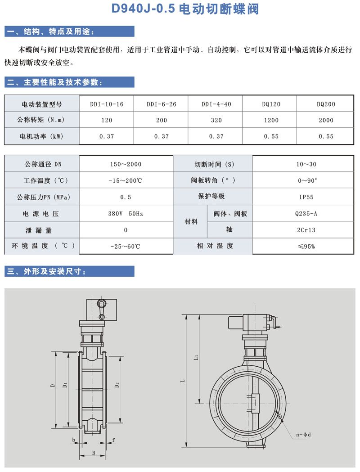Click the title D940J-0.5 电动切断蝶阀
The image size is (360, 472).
[180, 9]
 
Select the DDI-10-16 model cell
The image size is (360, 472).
[106, 104]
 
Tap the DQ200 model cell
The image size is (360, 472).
[326, 104]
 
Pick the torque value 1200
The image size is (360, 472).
[271, 120]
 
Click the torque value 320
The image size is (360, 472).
[216, 120]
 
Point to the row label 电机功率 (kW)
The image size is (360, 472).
[41, 136]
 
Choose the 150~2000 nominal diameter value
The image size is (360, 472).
[126, 164]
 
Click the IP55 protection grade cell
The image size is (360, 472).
[306, 197]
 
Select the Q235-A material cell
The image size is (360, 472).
[306, 214]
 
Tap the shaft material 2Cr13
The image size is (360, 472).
[306, 229]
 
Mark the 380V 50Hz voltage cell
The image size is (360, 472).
[126, 214]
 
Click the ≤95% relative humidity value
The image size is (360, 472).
[306, 246]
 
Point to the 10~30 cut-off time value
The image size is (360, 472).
[306, 164]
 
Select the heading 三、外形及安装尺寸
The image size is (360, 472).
[50, 271]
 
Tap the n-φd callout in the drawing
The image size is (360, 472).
[304, 435]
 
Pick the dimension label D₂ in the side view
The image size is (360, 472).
[117, 385]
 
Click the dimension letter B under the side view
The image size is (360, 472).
[93, 453]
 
